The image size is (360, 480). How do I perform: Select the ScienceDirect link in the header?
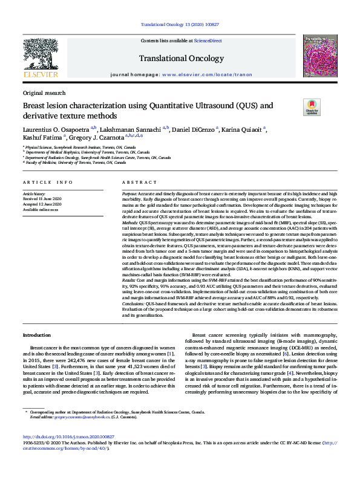coord(208,41)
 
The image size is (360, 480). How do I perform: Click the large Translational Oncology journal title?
coord(179,59)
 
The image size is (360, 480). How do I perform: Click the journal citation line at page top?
coord(179,24)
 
